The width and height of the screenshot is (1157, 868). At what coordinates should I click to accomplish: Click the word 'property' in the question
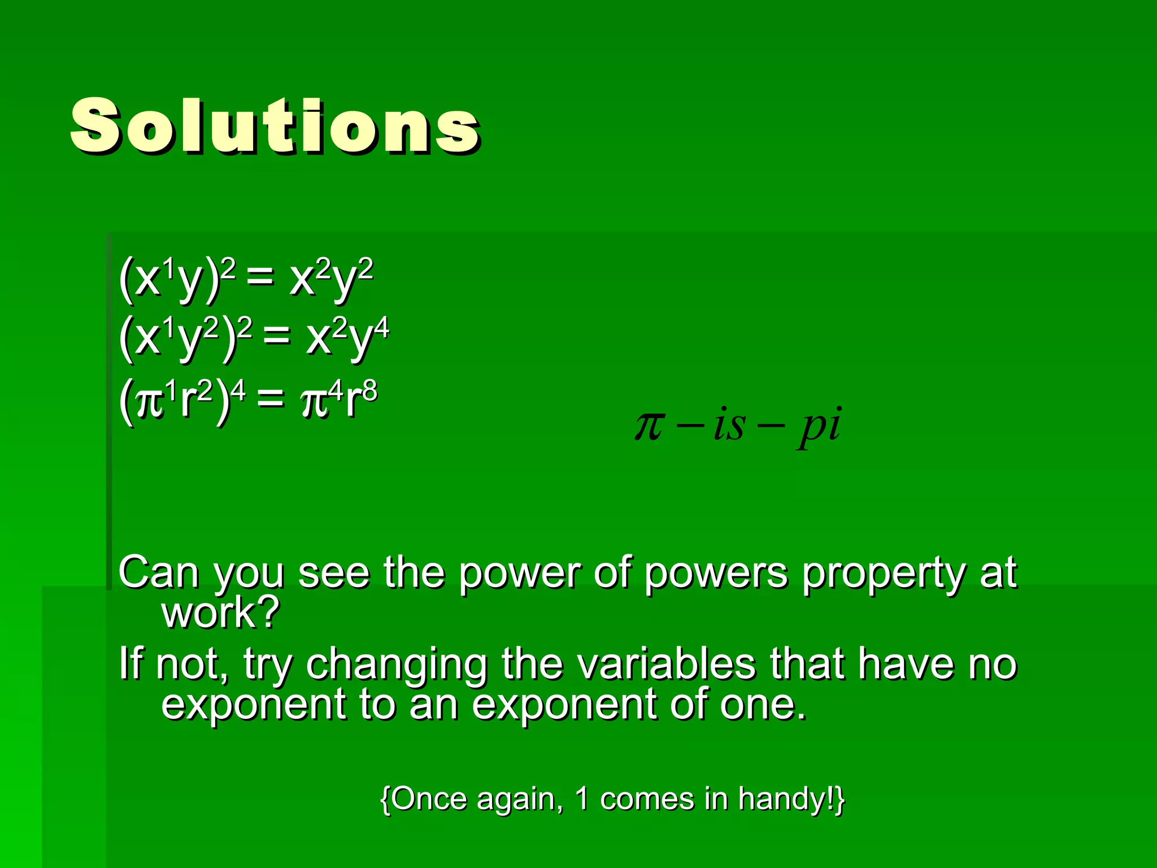click(883, 574)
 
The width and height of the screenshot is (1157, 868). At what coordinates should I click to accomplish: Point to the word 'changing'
click(396, 665)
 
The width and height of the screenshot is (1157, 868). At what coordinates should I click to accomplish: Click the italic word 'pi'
click(820, 427)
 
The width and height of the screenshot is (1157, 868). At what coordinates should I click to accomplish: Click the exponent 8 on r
click(369, 390)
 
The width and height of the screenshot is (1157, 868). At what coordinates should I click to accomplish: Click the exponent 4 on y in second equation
click(382, 328)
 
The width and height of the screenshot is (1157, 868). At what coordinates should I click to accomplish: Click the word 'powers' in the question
click(715, 574)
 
